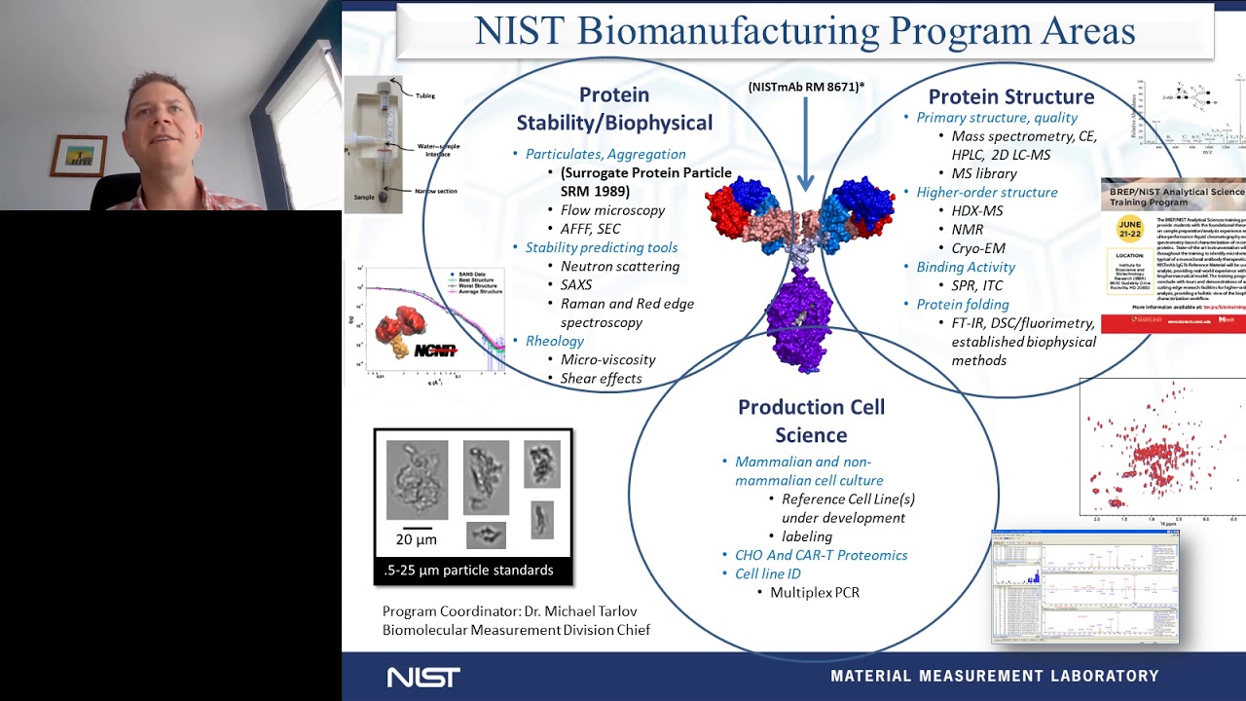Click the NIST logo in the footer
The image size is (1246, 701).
[423, 677]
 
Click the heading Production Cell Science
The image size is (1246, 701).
[811, 421]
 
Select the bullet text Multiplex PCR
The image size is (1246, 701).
[814, 592]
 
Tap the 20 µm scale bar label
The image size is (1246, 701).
[416, 539]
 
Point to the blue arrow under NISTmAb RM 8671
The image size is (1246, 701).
[805, 146]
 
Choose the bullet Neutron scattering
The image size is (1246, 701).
[619, 266]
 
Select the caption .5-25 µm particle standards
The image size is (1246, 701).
[468, 570]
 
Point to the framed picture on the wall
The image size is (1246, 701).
[79, 156]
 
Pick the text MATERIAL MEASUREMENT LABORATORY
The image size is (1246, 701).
[994, 676]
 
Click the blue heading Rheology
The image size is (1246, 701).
[555, 341]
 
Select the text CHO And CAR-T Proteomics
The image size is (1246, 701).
[821, 555]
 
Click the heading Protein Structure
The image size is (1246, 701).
[1010, 96]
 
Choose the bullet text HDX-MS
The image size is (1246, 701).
[976, 210]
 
